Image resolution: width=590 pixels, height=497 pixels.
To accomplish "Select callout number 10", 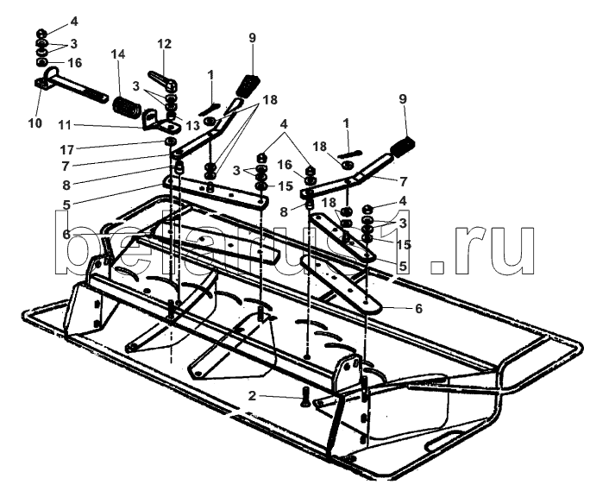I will (35, 123).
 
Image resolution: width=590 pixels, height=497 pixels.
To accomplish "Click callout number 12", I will (164, 43).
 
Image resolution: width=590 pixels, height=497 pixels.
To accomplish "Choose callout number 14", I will (118, 54).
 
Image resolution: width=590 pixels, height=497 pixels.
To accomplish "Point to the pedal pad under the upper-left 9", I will (249, 86).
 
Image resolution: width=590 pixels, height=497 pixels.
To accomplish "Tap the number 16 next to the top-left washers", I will (75, 63).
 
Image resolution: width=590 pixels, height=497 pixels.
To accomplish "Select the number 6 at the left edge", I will (66, 233).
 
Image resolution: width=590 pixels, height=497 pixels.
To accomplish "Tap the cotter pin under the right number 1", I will (348, 144).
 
